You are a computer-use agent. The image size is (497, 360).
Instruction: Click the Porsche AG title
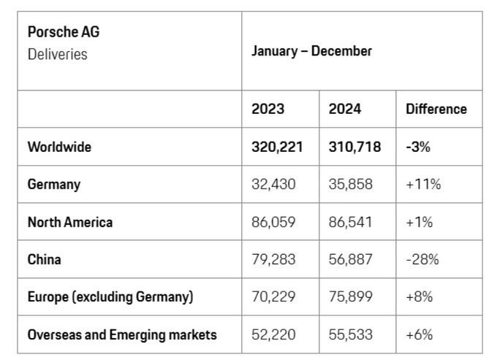64,31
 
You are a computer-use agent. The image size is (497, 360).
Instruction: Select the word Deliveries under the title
57,54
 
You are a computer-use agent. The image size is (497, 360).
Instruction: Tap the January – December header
311,51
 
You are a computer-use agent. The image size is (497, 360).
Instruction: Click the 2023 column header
268,109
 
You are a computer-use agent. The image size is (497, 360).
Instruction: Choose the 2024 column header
345,109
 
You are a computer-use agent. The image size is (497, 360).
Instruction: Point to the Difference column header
436,109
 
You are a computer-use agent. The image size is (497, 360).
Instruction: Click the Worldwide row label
59,147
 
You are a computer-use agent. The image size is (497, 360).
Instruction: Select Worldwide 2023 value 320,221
277,147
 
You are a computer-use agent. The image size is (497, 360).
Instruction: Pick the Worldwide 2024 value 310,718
354,147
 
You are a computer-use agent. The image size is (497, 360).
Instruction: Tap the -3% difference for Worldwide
418,147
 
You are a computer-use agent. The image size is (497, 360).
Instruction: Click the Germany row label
54,185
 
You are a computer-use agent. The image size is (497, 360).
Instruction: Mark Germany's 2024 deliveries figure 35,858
350,184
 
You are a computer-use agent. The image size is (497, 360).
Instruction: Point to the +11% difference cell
423,184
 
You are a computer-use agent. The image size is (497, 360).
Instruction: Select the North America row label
70,222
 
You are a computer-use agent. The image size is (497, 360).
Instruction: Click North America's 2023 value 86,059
273,222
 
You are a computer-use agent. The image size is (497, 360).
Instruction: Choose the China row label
44,259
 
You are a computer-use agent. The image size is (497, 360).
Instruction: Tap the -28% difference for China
422,259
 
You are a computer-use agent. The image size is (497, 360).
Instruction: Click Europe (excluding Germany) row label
110,297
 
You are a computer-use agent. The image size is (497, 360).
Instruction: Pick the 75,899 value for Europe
350,296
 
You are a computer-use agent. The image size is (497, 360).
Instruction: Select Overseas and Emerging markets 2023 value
273,334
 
